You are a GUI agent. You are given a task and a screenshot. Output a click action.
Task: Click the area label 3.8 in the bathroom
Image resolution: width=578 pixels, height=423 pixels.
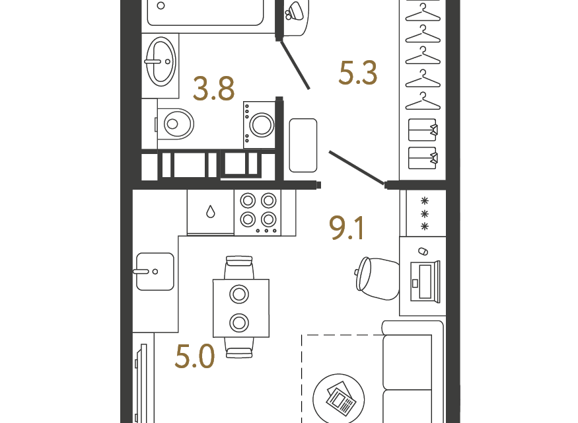coord(213,89)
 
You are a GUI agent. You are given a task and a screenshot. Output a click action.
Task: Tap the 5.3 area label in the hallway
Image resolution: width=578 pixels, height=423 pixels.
coord(358,73)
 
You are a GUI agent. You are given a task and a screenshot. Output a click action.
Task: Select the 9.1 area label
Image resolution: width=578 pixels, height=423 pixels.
coord(347,228)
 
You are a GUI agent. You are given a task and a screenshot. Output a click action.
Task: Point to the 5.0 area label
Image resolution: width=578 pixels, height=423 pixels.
coord(195,356)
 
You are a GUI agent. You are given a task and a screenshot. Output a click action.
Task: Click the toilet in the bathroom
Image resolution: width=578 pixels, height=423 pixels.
coord(174,124)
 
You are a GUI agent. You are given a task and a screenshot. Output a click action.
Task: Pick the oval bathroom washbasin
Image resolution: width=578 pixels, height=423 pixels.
coord(161,61)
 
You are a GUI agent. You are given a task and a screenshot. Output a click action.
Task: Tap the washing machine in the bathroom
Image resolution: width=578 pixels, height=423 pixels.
coord(259,125)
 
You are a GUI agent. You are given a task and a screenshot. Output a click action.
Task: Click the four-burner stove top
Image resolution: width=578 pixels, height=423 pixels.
coord(258,213)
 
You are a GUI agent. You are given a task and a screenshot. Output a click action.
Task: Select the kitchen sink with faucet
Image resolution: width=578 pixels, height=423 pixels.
coord(155,272)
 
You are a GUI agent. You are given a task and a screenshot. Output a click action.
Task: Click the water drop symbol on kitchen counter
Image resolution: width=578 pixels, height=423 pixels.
coord(211,211)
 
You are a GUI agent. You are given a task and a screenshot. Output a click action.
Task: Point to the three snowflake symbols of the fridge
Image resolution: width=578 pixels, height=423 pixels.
coord(425,213)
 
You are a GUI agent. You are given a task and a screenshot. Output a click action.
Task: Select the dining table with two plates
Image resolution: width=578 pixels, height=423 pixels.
coord(241,308)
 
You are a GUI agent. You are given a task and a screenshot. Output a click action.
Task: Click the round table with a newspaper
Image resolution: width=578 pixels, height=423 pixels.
coord(338,399)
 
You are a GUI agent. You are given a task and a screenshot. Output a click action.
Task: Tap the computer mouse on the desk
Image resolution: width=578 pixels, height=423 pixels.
coord(423,251)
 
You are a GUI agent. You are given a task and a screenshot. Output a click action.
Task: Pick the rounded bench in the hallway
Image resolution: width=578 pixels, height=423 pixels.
coord(303,145)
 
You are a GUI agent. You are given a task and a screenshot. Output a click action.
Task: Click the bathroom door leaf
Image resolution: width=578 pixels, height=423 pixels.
coord(295,65)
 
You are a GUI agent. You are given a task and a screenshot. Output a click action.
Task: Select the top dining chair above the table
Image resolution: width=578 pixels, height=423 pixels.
coord(239,268)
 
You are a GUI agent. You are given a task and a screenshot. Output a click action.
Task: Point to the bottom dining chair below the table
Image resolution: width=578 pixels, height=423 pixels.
coord(239,348)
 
